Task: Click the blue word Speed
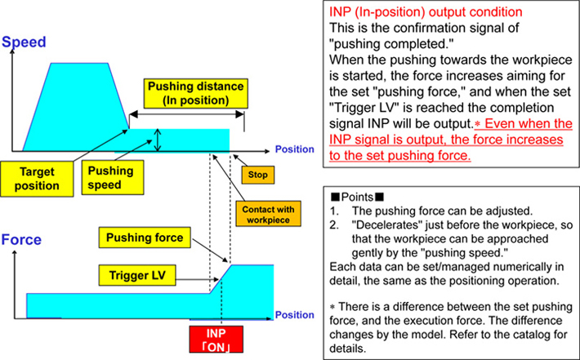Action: [28, 40]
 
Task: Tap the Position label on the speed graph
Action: [294, 149]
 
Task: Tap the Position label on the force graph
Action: [293, 314]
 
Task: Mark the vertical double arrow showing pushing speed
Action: [158, 140]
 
